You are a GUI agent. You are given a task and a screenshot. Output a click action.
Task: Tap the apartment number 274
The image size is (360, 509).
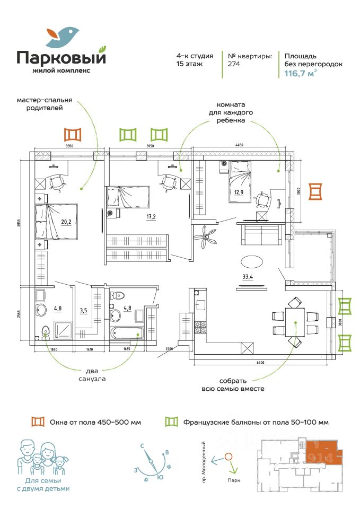tap(234, 64)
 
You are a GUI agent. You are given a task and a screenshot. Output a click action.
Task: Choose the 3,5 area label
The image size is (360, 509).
tap(83, 310)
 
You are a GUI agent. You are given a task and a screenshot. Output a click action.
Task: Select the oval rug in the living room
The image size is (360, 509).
tap(251, 262)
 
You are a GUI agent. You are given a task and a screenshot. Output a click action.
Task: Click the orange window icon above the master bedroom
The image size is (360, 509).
tap(72, 134)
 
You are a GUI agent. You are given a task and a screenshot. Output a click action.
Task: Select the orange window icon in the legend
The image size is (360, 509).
tap(37, 422)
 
